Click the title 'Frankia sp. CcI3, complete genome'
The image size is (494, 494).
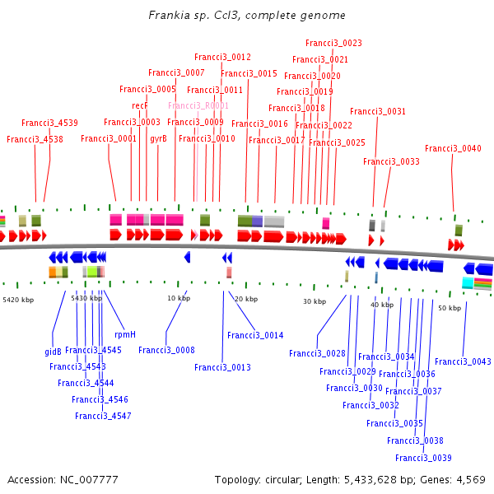click(247, 16)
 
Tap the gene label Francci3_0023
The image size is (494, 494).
click(333, 43)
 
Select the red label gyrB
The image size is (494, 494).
click(158, 138)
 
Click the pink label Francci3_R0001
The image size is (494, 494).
click(198, 105)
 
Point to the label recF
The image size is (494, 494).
click(139, 105)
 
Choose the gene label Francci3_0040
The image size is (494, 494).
click(453, 148)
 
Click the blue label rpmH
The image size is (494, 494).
click(125, 334)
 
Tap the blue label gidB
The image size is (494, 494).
click(53, 351)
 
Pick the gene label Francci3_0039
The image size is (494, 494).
click(423, 458)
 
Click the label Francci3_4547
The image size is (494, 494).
click(103, 416)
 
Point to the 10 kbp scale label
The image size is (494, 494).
click(178, 298)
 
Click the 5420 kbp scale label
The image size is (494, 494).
click(19, 300)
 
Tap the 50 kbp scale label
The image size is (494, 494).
click(449, 308)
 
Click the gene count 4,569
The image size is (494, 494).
click(469, 479)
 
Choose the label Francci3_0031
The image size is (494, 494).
click(378, 111)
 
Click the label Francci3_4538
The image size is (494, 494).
click(35, 139)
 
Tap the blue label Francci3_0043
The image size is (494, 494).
click(463, 361)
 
